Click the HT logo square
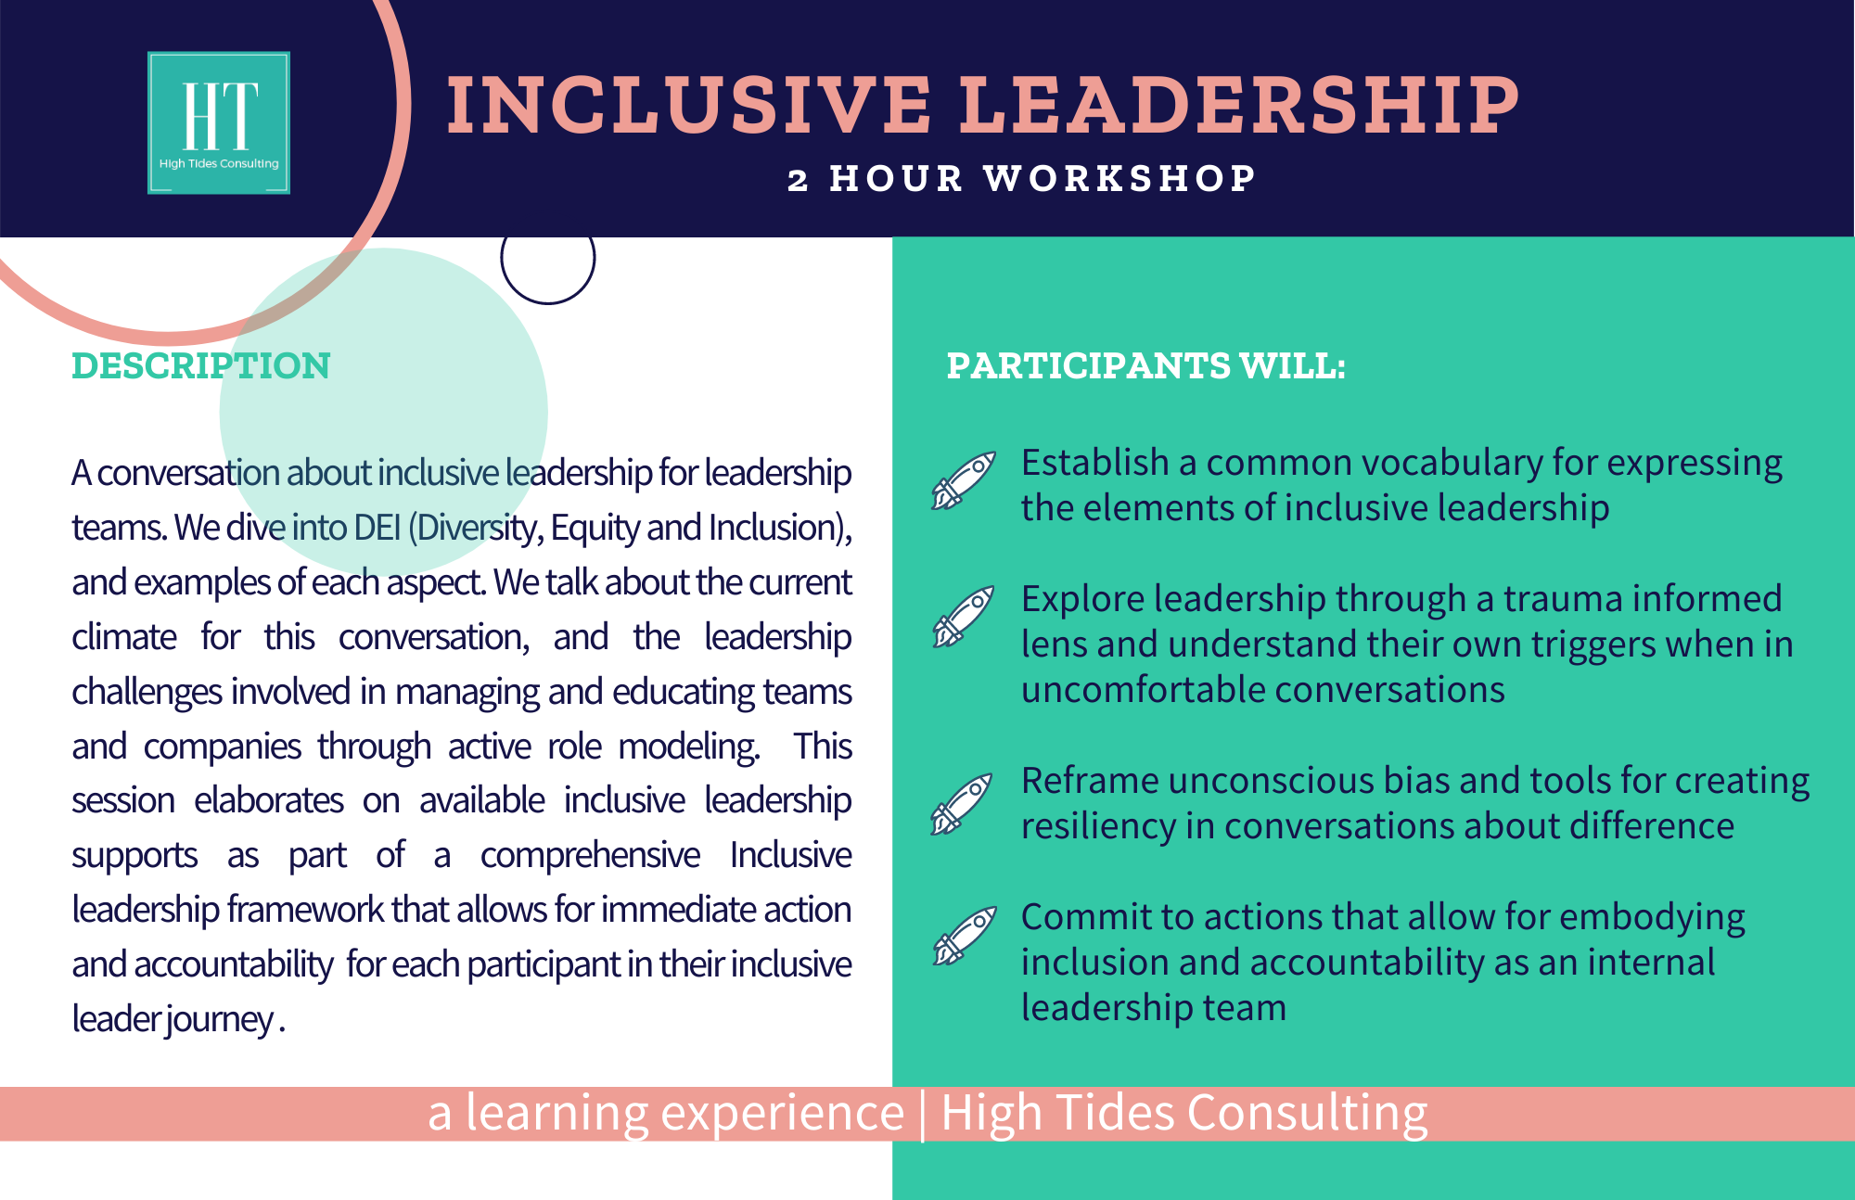click(219, 122)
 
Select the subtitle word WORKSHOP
click(1119, 178)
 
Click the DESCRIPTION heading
click(201, 365)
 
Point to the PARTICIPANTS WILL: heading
click(1145, 365)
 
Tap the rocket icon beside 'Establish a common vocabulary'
click(964, 480)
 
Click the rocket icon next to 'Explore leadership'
click(964, 617)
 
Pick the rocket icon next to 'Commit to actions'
click(965, 936)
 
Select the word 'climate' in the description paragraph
click(124, 637)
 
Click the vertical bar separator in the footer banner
click(923, 1115)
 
